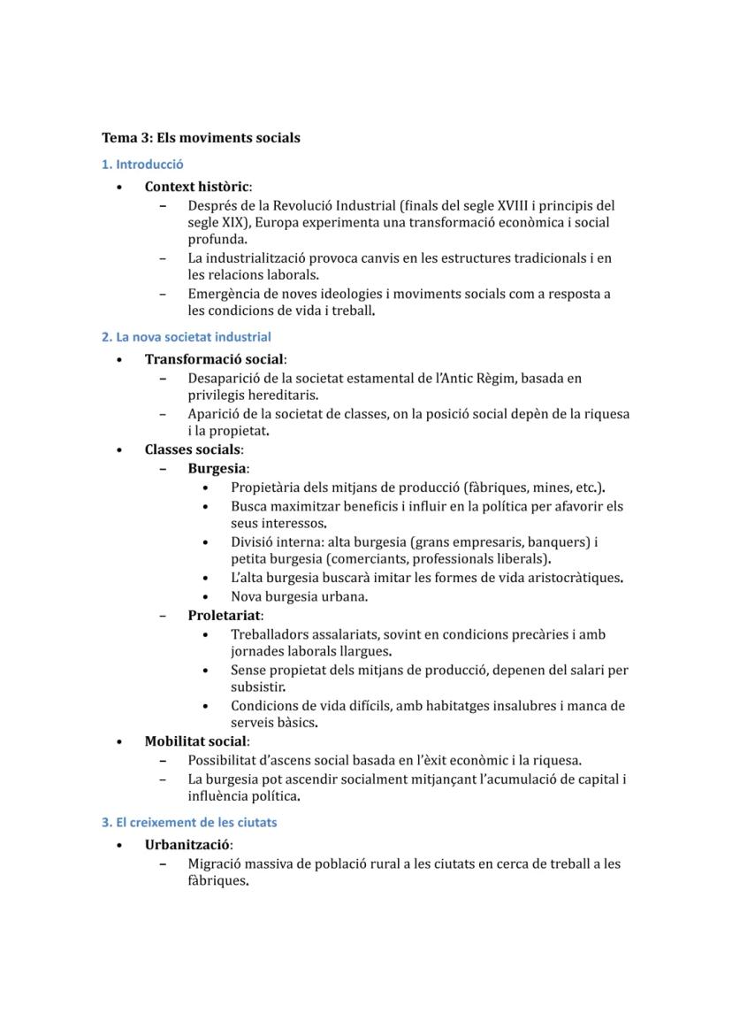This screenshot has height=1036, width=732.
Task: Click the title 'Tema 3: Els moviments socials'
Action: (201, 138)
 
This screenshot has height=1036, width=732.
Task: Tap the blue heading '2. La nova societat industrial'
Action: (186, 337)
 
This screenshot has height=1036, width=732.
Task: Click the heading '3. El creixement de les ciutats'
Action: (189, 823)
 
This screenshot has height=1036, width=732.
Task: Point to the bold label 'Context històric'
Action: (196, 187)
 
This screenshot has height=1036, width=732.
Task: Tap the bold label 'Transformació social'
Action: (214, 359)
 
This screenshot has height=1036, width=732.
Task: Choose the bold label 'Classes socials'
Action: (192, 449)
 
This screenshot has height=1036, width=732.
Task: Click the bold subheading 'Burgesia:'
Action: (218, 469)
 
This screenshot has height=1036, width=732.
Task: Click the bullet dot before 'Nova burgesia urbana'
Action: (206, 597)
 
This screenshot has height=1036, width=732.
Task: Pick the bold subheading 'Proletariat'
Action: (225, 616)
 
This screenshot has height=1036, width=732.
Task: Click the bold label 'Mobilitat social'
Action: (196, 741)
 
